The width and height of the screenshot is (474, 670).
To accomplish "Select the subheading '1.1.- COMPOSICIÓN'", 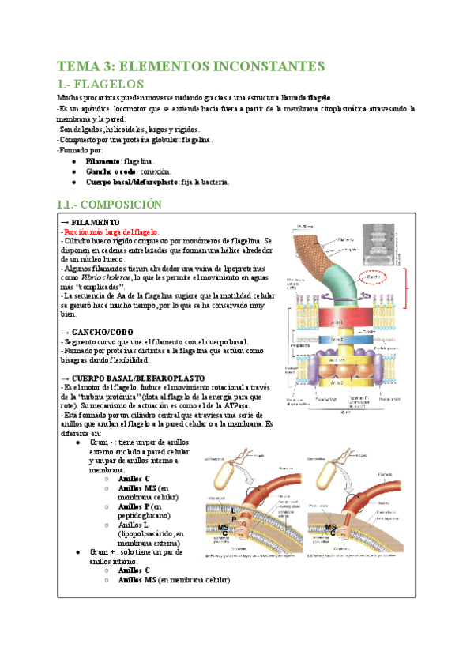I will point(110,204).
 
